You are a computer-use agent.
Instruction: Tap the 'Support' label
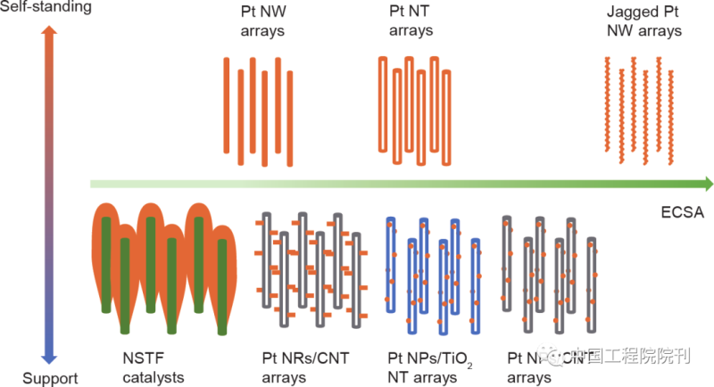(50, 377)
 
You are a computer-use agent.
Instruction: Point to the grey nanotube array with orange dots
(550, 272)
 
